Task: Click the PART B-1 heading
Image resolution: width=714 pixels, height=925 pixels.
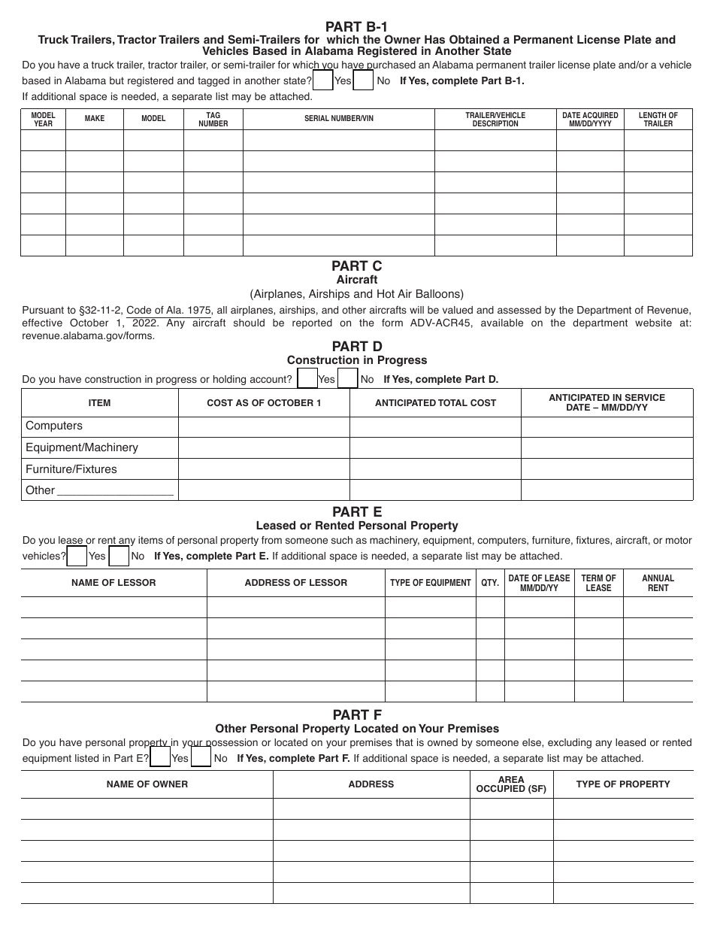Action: (x=356, y=27)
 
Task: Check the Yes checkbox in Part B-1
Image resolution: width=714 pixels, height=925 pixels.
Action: (x=322, y=80)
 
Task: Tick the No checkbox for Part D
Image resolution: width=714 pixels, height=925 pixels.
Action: (x=347, y=378)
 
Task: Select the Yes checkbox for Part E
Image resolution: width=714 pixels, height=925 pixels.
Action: (x=77, y=557)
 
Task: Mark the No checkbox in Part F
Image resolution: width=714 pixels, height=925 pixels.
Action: (x=201, y=757)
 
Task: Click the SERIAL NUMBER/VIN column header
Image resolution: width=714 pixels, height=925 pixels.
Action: (x=338, y=119)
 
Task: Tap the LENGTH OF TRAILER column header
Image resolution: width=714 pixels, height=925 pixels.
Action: (x=658, y=119)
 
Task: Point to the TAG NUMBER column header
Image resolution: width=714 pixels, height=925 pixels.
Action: (x=213, y=119)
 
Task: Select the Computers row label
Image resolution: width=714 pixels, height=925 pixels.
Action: (x=54, y=426)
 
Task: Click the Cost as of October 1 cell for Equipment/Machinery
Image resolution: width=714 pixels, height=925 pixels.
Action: (x=264, y=447)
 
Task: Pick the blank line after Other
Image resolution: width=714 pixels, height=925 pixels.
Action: (x=115, y=492)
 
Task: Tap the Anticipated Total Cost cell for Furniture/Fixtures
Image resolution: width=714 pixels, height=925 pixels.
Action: (x=435, y=469)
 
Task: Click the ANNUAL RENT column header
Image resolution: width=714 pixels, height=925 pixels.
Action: (x=658, y=583)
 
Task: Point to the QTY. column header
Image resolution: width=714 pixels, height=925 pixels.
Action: (x=490, y=583)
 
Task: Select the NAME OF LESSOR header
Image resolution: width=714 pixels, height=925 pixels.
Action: (x=113, y=583)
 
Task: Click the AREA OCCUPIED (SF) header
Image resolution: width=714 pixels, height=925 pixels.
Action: (x=511, y=784)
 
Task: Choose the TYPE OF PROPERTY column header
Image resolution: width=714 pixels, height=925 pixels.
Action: (x=622, y=784)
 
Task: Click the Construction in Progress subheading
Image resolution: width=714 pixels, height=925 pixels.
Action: (x=356, y=360)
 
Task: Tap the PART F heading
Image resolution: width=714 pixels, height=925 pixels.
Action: (x=356, y=714)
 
